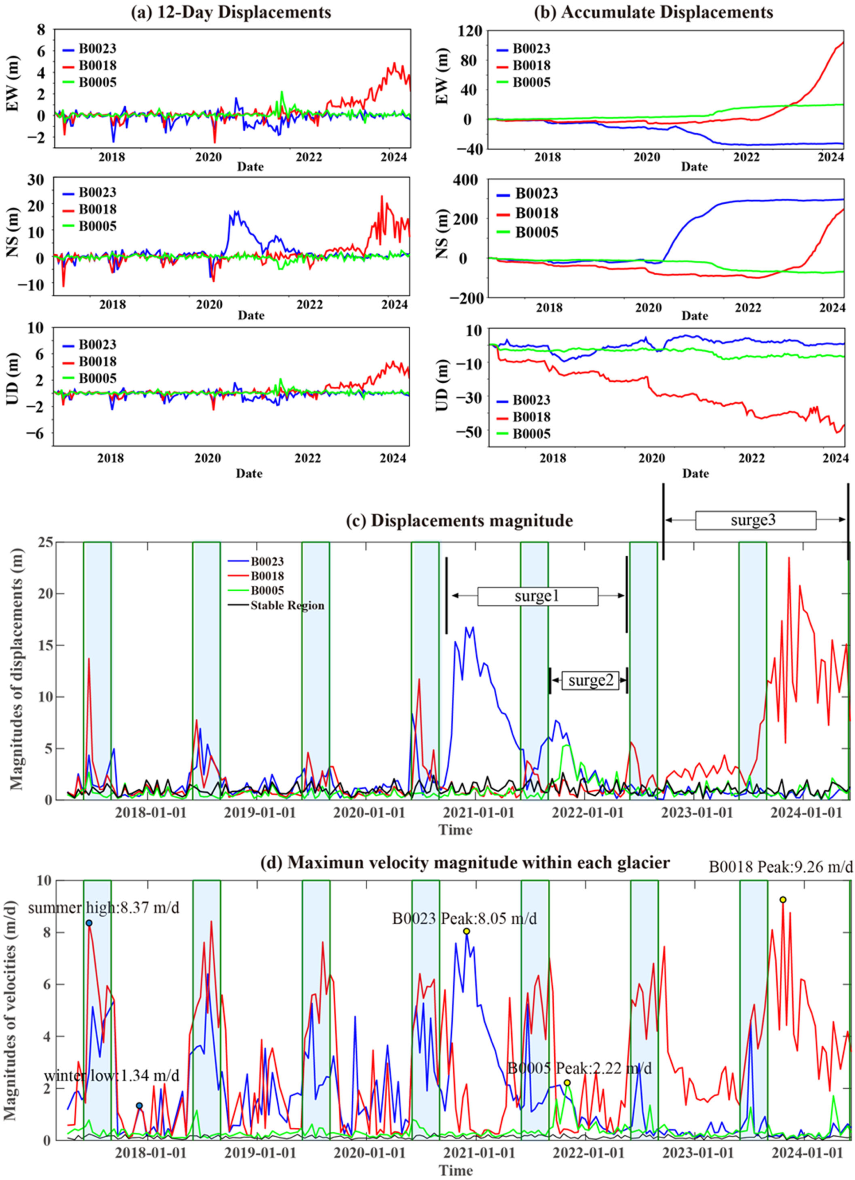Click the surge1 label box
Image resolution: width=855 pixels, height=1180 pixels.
537,596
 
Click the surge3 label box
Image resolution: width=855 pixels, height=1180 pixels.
755,520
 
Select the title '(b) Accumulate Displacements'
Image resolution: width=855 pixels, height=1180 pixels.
653,12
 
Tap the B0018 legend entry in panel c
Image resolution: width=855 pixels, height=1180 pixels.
267,576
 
